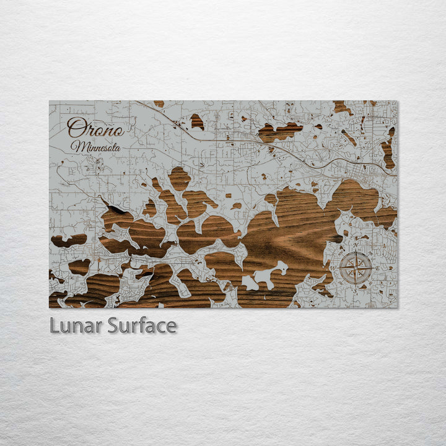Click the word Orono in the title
95,128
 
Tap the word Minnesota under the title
95,147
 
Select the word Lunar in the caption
76,325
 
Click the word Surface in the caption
142,325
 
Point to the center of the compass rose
357,268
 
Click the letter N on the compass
357,246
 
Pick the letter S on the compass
357,289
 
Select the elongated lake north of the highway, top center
280,131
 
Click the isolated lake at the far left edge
68,240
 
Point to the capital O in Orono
76,128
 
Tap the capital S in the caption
113,325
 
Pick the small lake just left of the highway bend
197,121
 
